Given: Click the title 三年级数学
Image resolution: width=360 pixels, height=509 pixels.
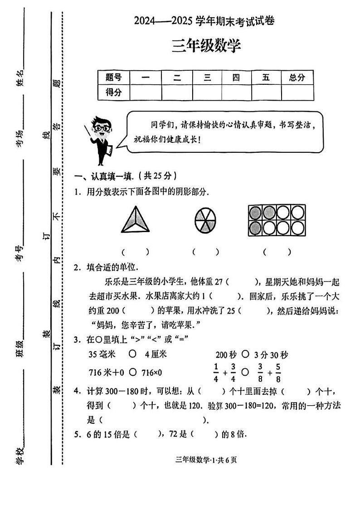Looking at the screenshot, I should click(206, 46).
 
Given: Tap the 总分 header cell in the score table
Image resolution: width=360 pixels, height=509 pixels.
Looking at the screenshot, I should click(297, 78).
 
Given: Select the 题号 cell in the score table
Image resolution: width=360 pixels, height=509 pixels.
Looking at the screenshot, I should click(114, 78).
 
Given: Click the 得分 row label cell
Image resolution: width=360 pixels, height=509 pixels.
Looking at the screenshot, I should click(114, 92).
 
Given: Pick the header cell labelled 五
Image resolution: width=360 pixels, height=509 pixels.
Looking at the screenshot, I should click(266, 78).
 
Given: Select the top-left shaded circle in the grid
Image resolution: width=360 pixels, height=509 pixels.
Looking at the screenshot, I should click(255, 212).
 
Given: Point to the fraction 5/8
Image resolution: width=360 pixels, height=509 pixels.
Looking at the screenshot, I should click(278, 372).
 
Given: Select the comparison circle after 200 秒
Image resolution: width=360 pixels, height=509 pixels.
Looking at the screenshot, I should click(245, 354).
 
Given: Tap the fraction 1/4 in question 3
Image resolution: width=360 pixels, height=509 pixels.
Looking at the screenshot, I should click(216, 372).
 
